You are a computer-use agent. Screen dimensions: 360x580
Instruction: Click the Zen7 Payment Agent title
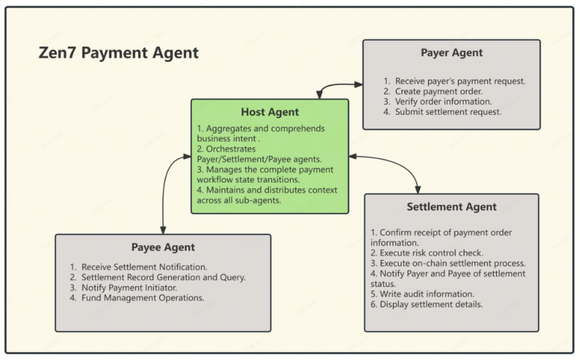click(118, 53)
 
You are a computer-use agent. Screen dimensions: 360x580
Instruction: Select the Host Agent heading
click(270, 112)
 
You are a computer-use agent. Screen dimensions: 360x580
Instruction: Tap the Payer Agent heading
click(451, 53)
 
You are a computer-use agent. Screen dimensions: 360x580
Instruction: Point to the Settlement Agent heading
click(451, 207)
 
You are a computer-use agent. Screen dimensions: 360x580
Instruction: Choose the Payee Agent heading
click(163, 247)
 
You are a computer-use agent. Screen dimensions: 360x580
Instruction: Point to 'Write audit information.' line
click(422, 294)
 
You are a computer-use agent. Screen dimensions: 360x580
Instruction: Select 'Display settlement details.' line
click(427, 305)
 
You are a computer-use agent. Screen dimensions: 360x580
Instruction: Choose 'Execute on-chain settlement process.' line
click(448, 263)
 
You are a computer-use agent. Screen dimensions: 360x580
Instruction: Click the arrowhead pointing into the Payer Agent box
click(359, 85)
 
